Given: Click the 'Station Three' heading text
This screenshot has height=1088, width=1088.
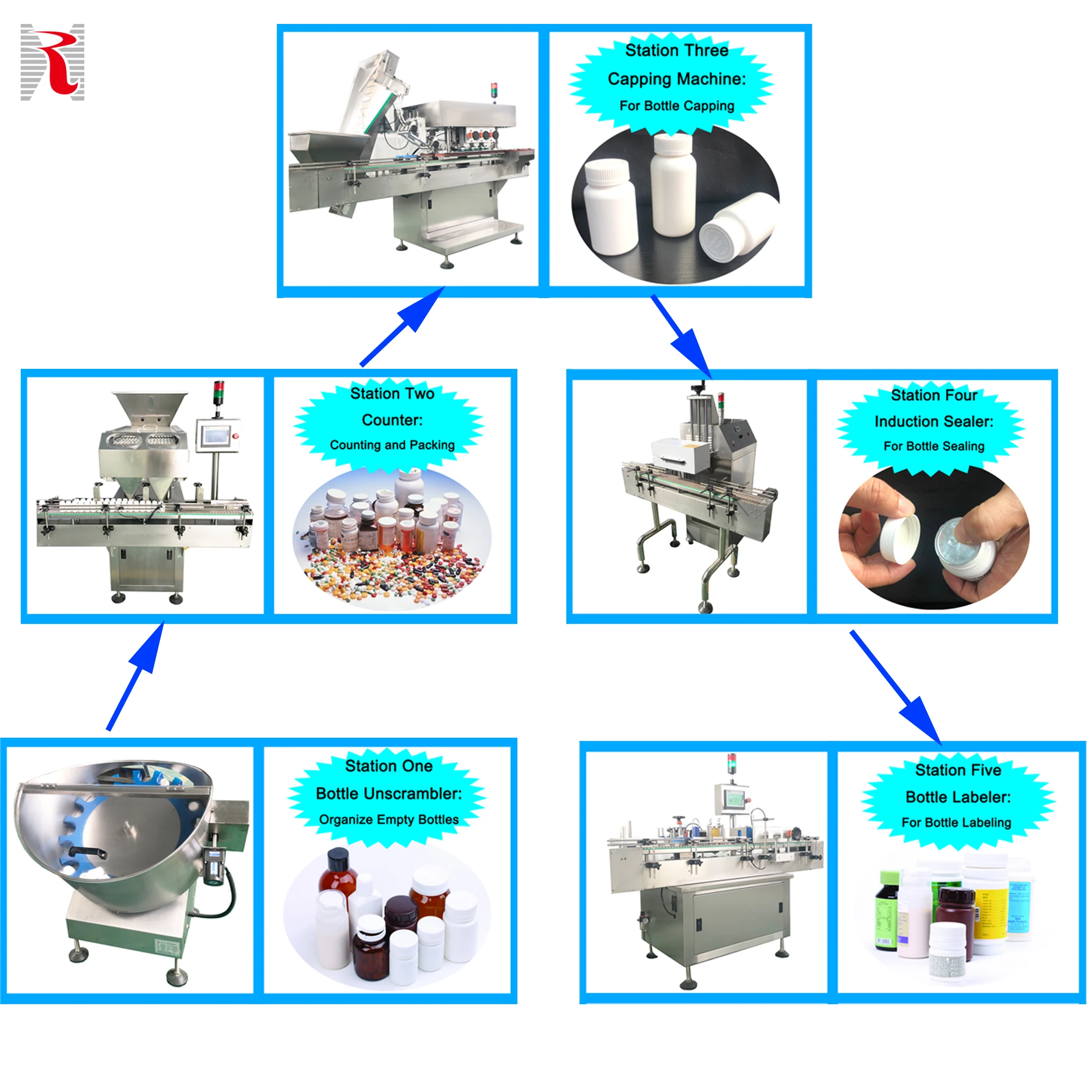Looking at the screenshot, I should click(676, 51).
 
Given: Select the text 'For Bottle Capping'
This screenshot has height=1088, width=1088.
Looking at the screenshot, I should click(676, 106).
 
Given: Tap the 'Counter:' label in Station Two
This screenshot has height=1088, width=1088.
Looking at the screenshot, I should click(392, 420).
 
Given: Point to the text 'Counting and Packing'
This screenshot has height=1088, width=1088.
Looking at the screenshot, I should click(392, 445).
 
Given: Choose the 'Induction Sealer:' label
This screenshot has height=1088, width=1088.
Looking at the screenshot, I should click(934, 421).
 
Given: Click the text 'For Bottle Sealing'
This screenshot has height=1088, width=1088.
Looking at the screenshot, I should click(934, 446).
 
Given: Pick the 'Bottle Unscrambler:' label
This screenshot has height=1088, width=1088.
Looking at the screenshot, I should click(388, 794).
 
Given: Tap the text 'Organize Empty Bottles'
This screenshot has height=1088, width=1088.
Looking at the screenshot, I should click(388, 819).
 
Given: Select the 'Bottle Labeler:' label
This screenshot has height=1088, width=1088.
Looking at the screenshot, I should click(958, 797).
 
